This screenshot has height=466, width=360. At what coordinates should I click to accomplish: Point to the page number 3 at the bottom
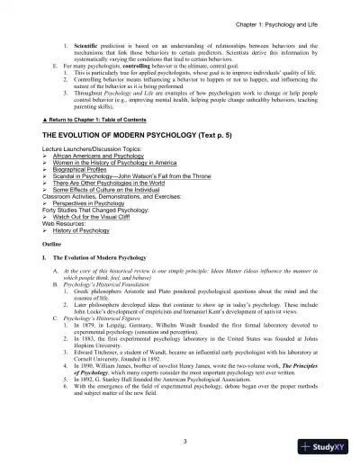[181, 442]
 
